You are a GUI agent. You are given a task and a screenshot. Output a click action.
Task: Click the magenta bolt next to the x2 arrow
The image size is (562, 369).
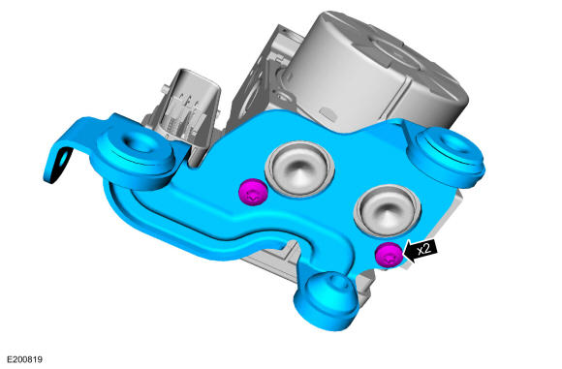coord(389,255)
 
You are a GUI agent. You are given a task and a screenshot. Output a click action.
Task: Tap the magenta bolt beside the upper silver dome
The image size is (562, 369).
coord(253,192)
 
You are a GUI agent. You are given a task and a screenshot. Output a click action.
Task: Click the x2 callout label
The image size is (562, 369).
coord(424,248)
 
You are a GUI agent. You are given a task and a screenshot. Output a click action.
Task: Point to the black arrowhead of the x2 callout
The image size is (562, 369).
coord(409,253)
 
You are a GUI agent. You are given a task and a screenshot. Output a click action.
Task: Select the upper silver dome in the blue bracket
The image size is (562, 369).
coord(299,169)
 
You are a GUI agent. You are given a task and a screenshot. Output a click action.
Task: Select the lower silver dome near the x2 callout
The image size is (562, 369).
coord(387,211)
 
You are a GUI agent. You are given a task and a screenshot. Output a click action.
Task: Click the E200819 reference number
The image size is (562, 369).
coord(25,359)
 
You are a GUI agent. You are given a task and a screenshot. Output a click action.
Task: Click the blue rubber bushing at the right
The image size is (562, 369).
coord(448,155)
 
